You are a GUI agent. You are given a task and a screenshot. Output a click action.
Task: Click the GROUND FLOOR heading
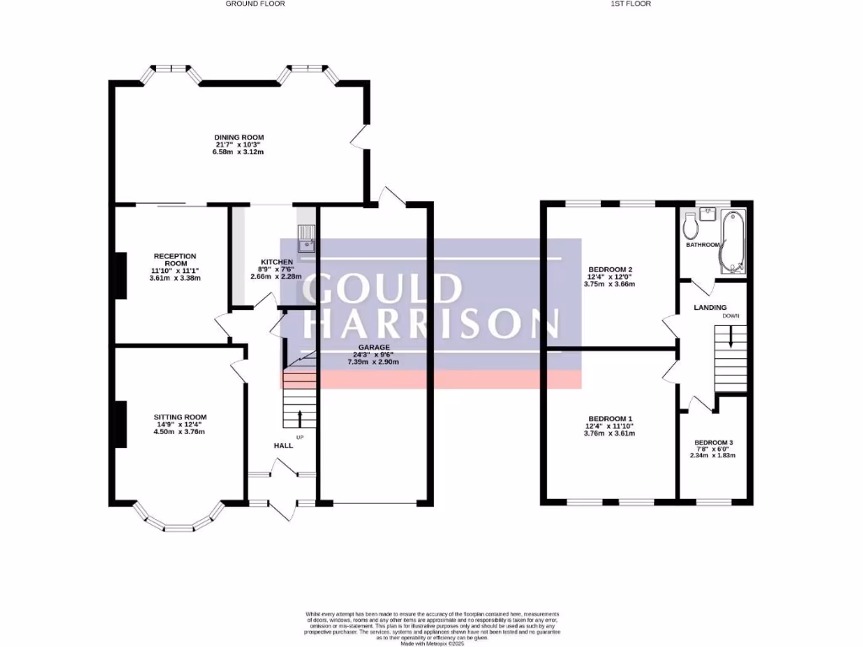click(x=255, y=4)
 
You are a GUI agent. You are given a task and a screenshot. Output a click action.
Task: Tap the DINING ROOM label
click(x=239, y=137)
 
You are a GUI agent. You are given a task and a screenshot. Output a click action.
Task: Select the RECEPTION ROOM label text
click(x=174, y=259)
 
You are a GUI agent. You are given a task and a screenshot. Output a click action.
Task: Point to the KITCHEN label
click(x=276, y=262)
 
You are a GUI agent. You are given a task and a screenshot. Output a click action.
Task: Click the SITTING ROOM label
click(x=180, y=417)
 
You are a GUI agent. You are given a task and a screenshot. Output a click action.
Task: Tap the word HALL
click(x=282, y=445)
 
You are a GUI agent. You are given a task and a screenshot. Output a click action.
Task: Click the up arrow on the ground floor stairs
click(x=301, y=417)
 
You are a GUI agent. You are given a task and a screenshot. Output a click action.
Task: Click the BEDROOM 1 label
click(x=608, y=419)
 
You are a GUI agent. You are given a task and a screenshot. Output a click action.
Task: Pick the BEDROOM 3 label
click(x=713, y=442)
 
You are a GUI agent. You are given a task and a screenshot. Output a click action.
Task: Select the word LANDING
click(x=710, y=307)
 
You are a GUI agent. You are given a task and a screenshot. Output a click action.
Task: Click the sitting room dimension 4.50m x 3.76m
click(x=180, y=432)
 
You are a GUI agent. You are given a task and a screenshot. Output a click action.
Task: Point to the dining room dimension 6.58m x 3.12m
click(x=239, y=152)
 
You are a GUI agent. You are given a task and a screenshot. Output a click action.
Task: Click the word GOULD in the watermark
click(x=383, y=289)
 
